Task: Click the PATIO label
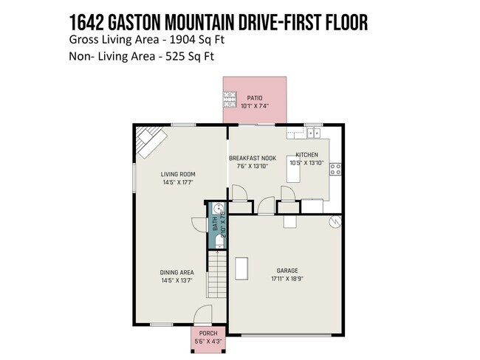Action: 255,98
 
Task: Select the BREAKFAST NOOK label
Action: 253,158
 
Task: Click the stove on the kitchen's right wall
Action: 335,168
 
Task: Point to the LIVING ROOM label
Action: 177,175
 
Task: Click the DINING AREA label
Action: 177,272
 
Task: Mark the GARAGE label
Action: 287,270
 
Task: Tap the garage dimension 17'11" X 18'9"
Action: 287,279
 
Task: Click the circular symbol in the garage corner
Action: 334,221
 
